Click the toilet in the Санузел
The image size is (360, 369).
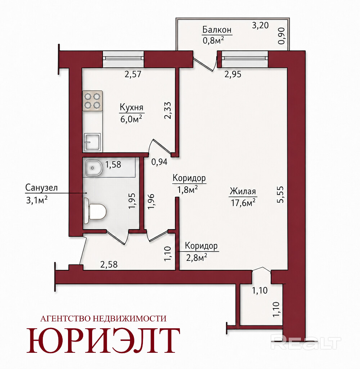pos(95,210)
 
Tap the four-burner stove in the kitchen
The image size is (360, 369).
pos(93,101)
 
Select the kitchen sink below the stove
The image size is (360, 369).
pos(93,142)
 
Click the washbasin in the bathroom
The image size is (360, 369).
pos(93,168)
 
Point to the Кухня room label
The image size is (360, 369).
pos(131,107)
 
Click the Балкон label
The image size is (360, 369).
pos(217,30)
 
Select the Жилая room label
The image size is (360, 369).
pos(243,191)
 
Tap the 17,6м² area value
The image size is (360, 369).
pos(243,203)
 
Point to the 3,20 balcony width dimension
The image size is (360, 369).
pos(260,25)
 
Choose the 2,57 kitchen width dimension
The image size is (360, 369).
pos(133,74)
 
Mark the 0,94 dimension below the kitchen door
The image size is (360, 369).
pos(159,162)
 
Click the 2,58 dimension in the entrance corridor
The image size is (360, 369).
pos(109,264)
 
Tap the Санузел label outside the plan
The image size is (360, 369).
pos(41,188)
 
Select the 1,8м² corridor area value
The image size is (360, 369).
pos(188,190)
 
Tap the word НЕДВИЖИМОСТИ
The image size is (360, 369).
pos(130,319)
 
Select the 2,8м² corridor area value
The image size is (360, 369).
pos(197,258)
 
